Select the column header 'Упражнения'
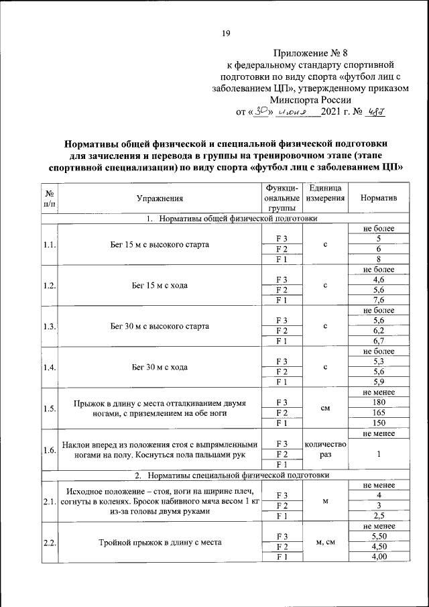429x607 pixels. pos(160,199)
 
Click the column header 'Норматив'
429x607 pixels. pos(379,199)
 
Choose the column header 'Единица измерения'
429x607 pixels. pos(324,193)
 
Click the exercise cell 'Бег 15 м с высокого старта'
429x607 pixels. pos(160,244)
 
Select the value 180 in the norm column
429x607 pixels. pos(379,402)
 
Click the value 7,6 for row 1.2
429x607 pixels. pos(379,300)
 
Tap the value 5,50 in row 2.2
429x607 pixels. pos(379,537)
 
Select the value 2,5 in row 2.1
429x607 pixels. pos(379,515)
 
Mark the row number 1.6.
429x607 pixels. pos(49,449)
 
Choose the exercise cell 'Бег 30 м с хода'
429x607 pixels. pos(160,367)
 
